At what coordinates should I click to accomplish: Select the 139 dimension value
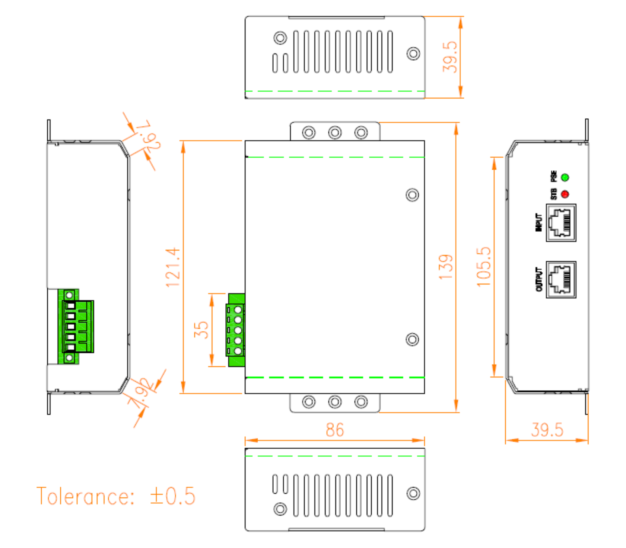pos(446,267)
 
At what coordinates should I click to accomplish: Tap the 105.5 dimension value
pos(484,266)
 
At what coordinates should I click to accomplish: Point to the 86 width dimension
pos(334,430)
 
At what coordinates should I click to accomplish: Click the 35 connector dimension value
pos(201,330)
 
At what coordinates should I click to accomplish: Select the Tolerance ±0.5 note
pos(116,496)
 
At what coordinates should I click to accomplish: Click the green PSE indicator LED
pos(565,177)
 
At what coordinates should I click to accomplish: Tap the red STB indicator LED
pos(565,194)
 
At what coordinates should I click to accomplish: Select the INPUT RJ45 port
pos(561,223)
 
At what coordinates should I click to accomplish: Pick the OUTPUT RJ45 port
pos(561,280)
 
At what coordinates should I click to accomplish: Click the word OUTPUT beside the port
pos(539,280)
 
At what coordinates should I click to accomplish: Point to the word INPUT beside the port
pos(538,222)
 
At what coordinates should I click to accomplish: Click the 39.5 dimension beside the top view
pos(449,57)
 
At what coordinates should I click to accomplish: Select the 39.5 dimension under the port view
pos(547,430)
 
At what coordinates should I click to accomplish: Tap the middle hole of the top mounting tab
pos(335,132)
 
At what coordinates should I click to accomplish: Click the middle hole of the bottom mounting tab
pos(335,402)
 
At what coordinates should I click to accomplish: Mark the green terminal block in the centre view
pos(235,330)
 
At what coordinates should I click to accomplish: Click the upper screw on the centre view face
pos(412,195)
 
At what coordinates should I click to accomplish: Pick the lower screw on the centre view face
pos(412,339)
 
